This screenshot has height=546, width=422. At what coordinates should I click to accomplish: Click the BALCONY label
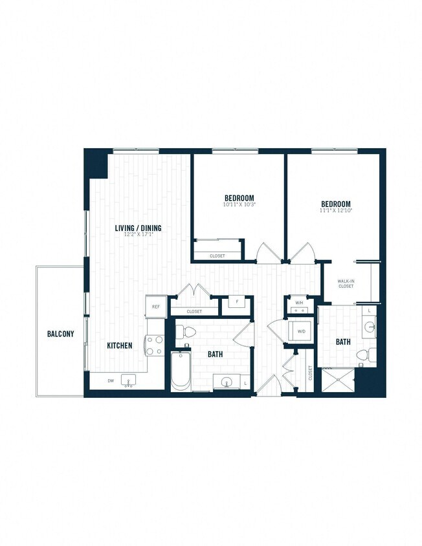click(x=60, y=334)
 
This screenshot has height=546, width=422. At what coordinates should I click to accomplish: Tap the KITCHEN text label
click(x=120, y=345)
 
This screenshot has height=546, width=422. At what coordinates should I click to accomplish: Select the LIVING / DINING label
click(x=138, y=228)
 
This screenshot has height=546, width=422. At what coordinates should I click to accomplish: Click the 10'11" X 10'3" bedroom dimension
click(x=239, y=205)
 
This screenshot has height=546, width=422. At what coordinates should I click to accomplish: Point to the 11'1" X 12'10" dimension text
click(x=335, y=210)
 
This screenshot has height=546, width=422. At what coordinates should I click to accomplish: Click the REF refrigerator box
click(x=155, y=307)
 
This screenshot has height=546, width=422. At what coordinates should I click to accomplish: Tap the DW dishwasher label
click(x=111, y=380)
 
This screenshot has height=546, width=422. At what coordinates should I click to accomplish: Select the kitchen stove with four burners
click(x=154, y=345)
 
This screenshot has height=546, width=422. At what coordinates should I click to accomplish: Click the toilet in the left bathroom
click(x=186, y=332)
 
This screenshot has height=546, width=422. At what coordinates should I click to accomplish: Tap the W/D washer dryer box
click(x=301, y=331)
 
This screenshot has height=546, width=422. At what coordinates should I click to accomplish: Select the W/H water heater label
click(x=299, y=303)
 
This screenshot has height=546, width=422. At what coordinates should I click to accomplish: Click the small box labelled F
click(x=236, y=302)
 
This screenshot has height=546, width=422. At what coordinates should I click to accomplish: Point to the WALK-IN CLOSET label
click(x=346, y=283)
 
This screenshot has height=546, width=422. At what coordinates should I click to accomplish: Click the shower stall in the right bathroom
click(x=340, y=382)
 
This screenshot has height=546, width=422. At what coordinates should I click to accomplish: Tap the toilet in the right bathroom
click(x=366, y=355)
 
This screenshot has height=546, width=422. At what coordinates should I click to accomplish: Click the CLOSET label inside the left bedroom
click(x=217, y=256)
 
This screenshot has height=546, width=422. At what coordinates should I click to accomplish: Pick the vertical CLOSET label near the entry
click(x=311, y=373)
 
